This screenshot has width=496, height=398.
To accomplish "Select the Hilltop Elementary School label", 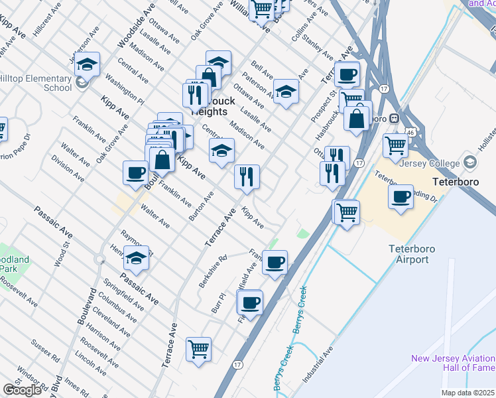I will pos(36,82).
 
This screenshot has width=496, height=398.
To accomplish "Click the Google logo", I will pos(22,390).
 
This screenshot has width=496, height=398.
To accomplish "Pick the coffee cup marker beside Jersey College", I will pos(401,196).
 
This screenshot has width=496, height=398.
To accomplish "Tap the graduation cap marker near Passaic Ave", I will pos(137,257).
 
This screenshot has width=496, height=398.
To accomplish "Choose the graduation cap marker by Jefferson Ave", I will pos(86,64).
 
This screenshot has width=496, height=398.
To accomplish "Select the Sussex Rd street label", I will pos(46,352).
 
